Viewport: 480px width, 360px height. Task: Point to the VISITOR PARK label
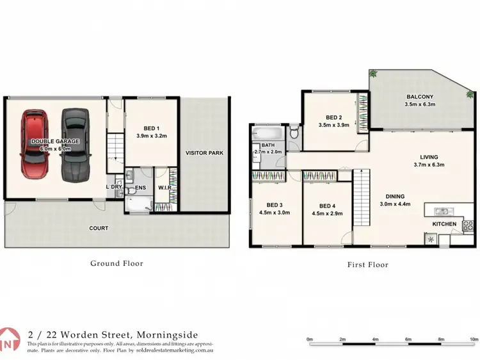point(203,153)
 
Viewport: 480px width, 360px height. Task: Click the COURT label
point(99,228)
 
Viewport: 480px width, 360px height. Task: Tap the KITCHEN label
point(444,224)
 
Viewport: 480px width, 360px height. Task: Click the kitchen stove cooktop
point(468,225)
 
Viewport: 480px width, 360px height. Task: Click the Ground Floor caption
point(116,263)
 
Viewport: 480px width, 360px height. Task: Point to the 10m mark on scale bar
point(474,339)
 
